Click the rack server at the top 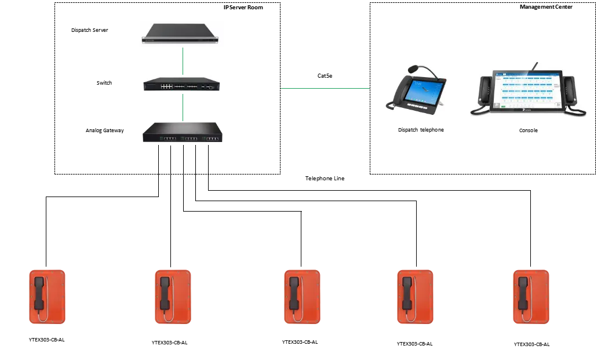coord(183,34)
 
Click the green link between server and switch coord(183,61)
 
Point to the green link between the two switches coord(183,107)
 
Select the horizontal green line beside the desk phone coord(324,90)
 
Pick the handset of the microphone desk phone coord(397,94)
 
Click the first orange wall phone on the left coord(49,297)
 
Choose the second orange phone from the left coord(173,297)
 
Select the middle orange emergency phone coord(303,297)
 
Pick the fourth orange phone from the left coord(414,297)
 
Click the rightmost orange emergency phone coord(530,297)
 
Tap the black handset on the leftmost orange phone coord(39,293)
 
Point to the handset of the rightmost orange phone coord(523,293)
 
